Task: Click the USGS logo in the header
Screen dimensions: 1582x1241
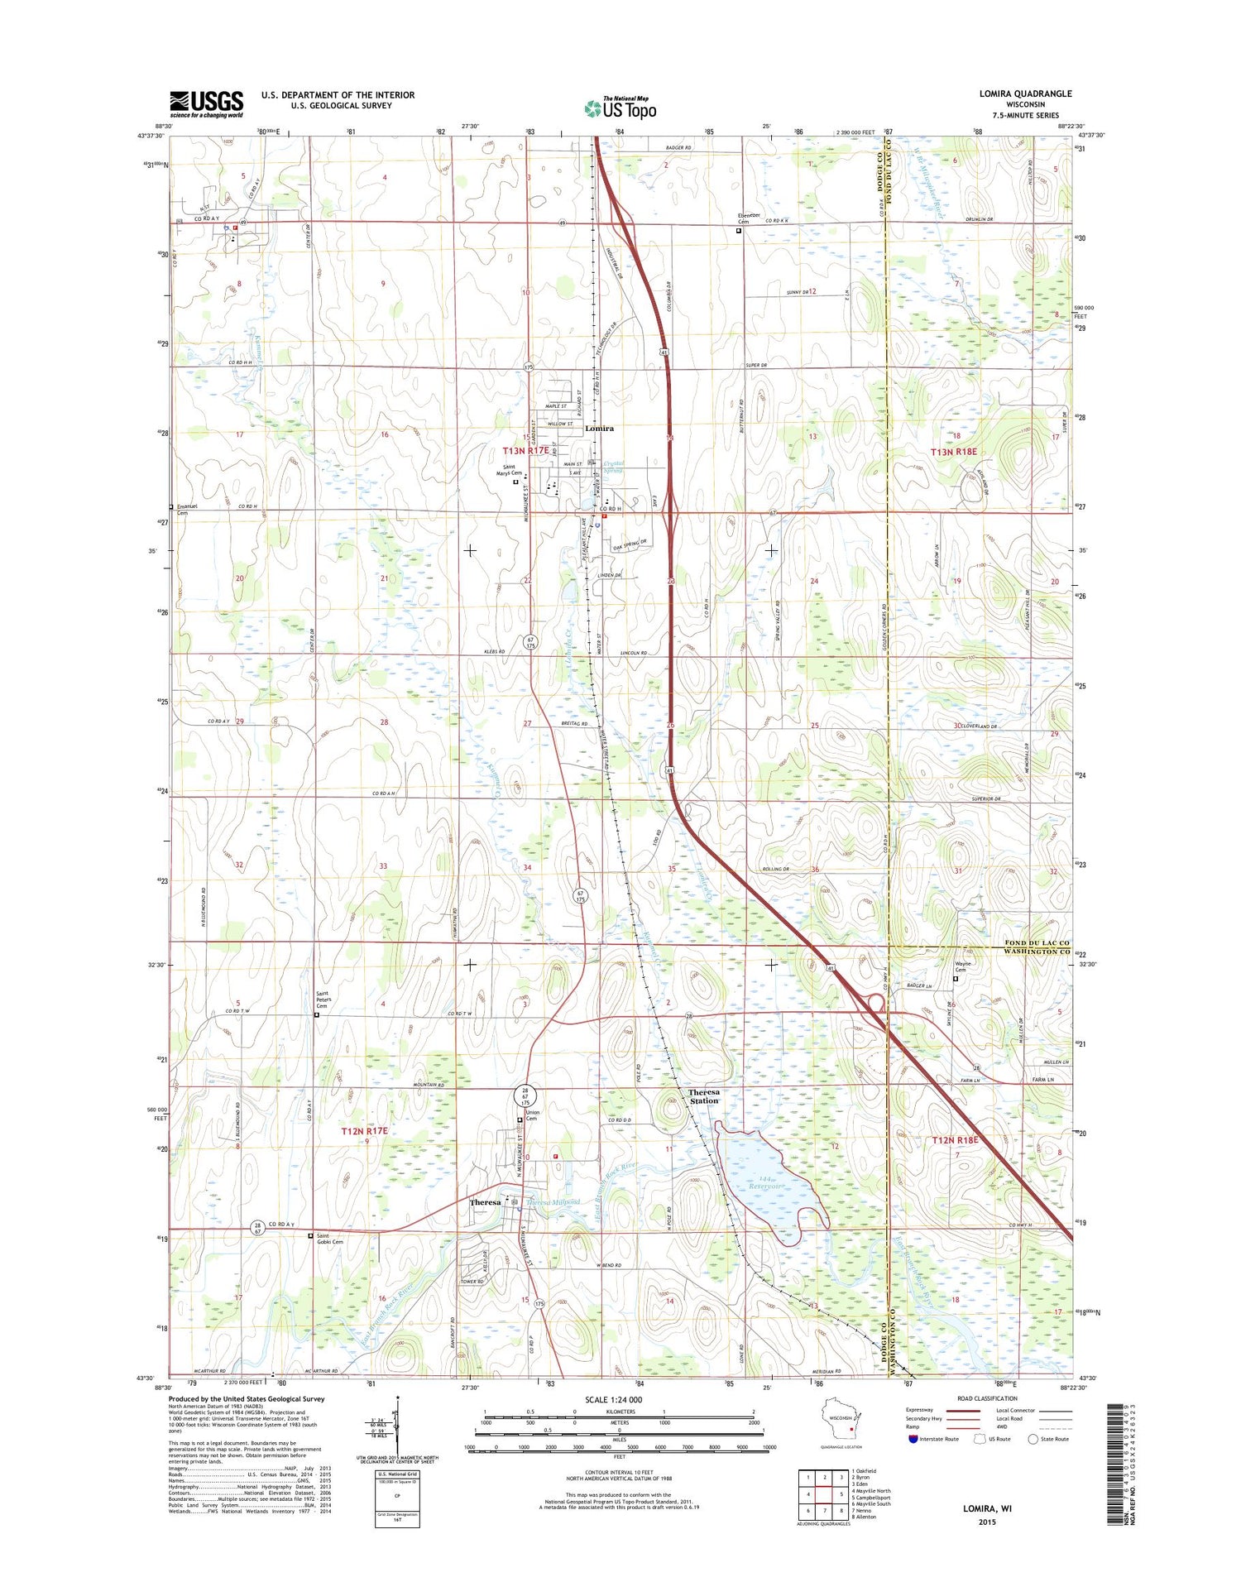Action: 207,103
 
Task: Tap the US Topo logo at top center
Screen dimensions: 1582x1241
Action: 620,108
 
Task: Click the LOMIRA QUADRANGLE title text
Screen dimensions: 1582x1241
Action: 1025,93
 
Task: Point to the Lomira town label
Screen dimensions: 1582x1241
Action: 599,429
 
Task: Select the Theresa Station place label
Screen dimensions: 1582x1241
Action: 704,1096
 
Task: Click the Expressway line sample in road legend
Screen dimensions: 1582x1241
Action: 963,1411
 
